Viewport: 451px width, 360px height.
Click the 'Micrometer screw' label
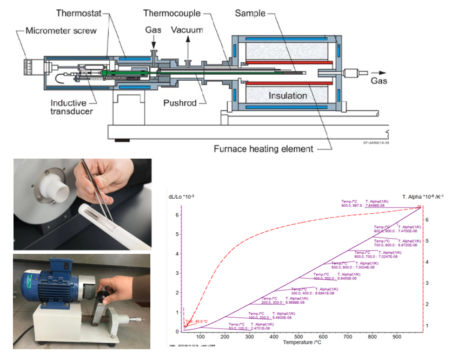pyautogui.click(x=61, y=30)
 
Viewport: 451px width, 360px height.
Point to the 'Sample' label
pyautogui.click(x=250, y=12)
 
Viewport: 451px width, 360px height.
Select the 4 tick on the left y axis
pyautogui.click(x=176, y=254)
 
